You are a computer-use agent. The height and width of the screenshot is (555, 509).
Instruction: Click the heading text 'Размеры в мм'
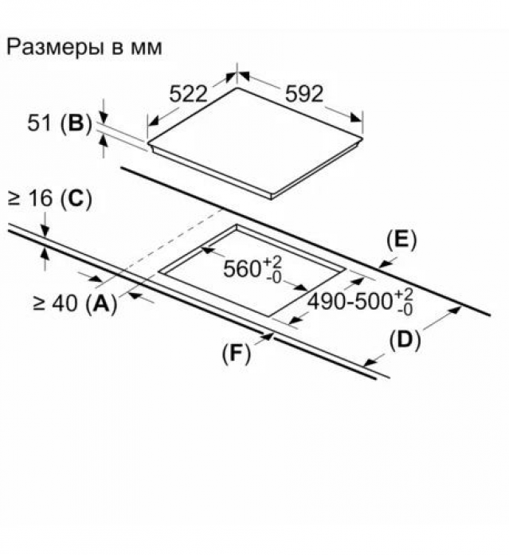(84, 47)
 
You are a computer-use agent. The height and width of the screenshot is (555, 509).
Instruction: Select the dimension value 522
(188, 94)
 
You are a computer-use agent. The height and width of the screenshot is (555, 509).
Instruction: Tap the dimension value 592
(304, 94)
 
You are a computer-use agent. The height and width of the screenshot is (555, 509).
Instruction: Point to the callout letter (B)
(76, 123)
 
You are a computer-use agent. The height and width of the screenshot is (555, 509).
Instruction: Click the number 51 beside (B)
(39, 123)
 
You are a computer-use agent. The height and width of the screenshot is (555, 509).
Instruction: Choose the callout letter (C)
(76, 197)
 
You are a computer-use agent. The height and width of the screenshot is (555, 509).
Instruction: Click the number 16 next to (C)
(40, 197)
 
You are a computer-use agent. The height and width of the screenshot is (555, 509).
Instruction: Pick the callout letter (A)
(102, 303)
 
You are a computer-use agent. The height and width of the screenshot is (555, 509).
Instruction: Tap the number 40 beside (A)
(65, 303)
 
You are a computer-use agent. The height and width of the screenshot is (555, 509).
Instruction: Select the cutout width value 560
(242, 268)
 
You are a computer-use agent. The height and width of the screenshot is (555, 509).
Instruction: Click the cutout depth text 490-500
(350, 302)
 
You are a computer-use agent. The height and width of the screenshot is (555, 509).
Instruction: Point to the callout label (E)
(401, 240)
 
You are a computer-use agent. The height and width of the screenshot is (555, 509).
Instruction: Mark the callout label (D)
(405, 340)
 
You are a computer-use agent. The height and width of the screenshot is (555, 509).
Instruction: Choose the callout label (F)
(236, 354)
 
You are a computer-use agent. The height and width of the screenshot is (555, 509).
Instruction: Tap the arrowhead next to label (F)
(268, 337)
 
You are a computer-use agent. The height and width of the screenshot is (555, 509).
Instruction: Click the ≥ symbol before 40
(39, 304)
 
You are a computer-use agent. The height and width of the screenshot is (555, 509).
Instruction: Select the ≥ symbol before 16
(14, 198)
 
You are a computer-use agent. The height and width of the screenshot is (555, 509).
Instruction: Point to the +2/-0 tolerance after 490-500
(404, 302)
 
